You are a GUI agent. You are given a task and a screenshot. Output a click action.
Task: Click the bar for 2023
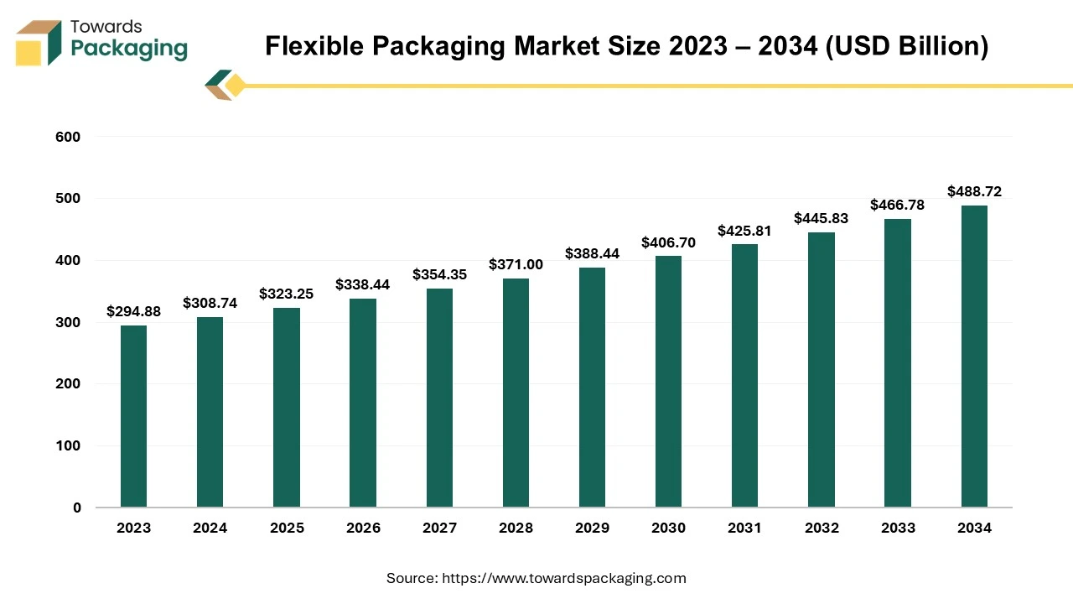coord(133,416)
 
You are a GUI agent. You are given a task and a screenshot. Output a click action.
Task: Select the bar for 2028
coord(516,393)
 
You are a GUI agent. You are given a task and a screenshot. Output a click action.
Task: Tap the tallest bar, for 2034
coord(974,356)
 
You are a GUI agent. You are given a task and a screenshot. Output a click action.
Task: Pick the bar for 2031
coord(744,376)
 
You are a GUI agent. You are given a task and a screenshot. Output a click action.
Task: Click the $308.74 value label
coord(210,303)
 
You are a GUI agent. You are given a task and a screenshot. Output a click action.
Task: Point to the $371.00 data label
coord(516,264)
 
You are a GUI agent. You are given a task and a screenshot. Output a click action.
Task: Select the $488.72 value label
coord(974,191)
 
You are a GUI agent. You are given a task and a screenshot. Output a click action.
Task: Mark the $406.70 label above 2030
coord(668,242)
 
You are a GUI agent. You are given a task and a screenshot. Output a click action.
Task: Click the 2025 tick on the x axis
coord(287,528)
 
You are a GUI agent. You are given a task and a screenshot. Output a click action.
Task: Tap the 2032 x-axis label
coord(822,528)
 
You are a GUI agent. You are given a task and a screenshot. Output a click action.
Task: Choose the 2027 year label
coord(439,528)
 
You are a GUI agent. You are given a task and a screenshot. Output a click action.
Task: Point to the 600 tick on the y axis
coord(69,137)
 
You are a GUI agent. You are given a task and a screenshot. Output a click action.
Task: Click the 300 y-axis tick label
coord(69,322)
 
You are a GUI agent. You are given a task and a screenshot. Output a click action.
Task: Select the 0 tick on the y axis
coord(76,508)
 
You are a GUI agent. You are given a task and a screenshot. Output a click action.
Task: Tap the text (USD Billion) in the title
coord(907,46)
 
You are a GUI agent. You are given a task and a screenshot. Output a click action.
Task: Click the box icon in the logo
coord(39,43)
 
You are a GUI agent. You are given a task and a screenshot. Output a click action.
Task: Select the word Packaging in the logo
coord(129,49)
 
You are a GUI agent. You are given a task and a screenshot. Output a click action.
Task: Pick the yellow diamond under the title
coord(236,86)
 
